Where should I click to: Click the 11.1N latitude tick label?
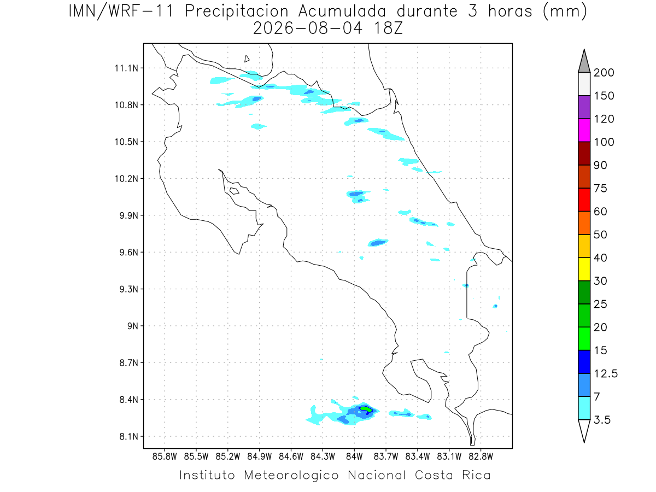point(126,68)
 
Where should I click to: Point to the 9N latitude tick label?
point(133,326)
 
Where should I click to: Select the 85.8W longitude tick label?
point(165,457)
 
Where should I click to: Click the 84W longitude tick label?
point(354,457)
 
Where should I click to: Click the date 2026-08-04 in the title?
point(308,28)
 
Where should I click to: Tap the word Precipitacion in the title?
point(237,11)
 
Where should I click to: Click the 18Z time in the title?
point(388,28)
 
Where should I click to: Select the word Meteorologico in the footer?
point(291,475)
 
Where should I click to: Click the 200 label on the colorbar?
point(604,73)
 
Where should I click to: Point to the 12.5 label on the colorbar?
point(606,374)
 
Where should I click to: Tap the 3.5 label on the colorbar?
point(602,420)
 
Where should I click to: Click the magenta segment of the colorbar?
point(584,130)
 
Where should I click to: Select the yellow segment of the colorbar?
point(584,269)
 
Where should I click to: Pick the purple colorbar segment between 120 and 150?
point(584,107)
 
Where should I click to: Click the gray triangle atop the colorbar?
point(584,63)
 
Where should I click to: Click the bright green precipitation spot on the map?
point(366,409)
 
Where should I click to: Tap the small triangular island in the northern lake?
point(247,59)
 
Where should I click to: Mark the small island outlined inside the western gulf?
point(235,191)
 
